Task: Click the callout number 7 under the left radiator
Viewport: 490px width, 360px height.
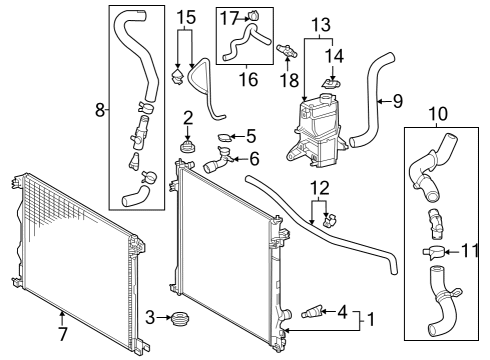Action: coord(63,333)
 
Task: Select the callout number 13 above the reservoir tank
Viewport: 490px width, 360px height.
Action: coord(321,25)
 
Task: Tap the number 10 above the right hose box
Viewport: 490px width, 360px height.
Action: coord(438,114)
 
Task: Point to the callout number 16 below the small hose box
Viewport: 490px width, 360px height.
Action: coord(249,80)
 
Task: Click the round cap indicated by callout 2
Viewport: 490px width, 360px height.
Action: coord(187,147)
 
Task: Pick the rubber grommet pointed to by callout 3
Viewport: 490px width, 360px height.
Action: coord(180,318)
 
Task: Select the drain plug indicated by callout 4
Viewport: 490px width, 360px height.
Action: coord(311,312)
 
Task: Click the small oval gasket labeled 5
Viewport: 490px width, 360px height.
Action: coord(224,137)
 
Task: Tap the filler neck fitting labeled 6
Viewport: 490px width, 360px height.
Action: coord(218,160)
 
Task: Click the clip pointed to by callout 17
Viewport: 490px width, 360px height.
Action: coord(254,16)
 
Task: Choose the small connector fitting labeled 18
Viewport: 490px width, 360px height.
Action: coord(286,51)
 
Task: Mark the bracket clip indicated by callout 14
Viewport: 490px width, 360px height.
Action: coord(332,82)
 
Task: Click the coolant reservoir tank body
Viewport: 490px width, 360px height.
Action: coord(314,133)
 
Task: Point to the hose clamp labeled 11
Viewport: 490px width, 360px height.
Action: coord(432,252)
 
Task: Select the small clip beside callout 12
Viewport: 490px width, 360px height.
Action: coord(330,220)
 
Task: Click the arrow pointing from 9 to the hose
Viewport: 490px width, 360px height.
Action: coord(385,101)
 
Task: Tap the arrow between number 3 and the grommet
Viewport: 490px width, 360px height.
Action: coord(164,318)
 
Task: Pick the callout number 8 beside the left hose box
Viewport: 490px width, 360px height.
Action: coord(100,110)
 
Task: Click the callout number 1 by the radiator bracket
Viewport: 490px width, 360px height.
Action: coord(370,319)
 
